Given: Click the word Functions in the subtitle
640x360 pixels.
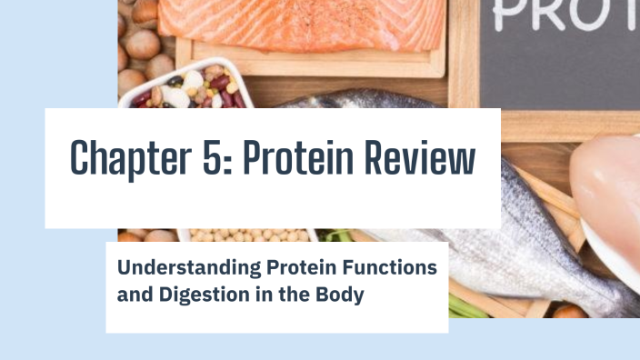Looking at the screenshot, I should (x=395, y=268).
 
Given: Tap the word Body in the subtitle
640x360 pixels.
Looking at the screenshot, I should (x=342, y=295).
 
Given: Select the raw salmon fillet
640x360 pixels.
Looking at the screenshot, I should (x=309, y=23).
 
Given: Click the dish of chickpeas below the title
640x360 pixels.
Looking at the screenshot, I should (x=245, y=235).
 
